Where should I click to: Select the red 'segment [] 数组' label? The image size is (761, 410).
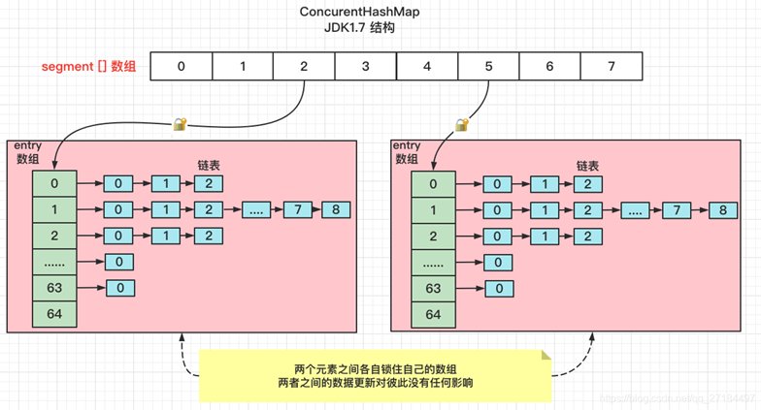[x=88, y=67]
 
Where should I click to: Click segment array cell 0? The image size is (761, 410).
[x=182, y=67]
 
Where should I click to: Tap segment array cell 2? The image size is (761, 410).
[x=304, y=67]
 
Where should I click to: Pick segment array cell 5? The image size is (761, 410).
[x=487, y=67]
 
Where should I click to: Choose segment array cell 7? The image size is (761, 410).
[x=610, y=67]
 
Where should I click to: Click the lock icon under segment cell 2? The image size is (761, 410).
[x=180, y=124]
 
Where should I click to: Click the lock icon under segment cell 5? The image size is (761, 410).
[x=462, y=124]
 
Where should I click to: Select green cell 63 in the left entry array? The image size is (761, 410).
[x=54, y=288]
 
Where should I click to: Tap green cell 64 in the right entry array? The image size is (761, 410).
[x=433, y=314]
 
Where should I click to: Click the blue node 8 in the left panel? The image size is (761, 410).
[x=335, y=210]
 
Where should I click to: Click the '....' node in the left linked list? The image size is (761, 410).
[x=255, y=210]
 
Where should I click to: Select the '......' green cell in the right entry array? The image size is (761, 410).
[x=433, y=262]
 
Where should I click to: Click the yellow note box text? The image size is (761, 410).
[x=376, y=375]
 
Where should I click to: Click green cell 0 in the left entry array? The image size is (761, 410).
[x=54, y=183]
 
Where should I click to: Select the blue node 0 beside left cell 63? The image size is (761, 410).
[x=119, y=288]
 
